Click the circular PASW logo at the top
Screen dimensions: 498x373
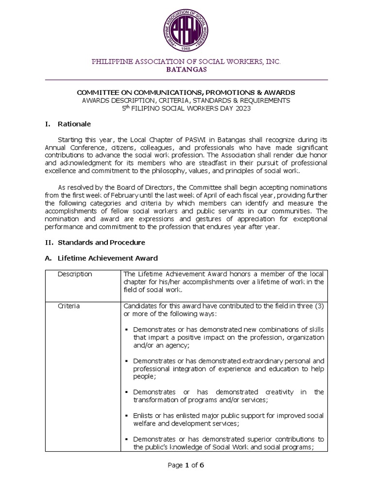tap(186, 30)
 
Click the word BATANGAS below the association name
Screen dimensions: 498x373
tap(186, 70)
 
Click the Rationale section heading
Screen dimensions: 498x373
tap(74, 124)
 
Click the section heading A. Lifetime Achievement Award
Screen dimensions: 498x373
tap(107, 258)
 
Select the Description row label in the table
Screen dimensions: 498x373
tap(74, 274)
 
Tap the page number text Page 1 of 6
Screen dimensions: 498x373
tap(186, 465)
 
